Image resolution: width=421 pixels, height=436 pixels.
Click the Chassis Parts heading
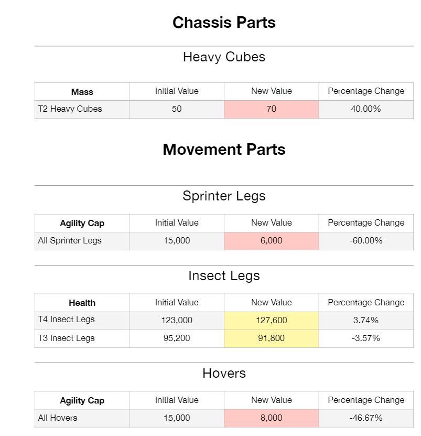[x=224, y=23]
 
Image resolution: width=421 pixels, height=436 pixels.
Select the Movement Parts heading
[x=224, y=150]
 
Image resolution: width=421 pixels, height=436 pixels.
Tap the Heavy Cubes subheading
[x=224, y=57]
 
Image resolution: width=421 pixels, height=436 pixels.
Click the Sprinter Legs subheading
[x=224, y=196]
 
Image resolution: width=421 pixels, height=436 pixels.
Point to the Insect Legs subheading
[x=224, y=276]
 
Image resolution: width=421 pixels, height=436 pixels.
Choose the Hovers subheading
[x=224, y=374]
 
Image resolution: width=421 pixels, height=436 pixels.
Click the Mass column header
[x=82, y=92]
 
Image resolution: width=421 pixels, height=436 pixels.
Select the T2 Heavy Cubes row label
[x=70, y=109]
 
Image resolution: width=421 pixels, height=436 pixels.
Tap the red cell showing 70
[x=271, y=109]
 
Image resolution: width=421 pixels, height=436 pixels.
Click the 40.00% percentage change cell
[x=365, y=109]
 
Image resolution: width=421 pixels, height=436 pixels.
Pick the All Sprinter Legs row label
[x=70, y=241]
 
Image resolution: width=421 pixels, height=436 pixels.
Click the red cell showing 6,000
[x=271, y=241]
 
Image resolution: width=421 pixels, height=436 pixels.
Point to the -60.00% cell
[x=365, y=241]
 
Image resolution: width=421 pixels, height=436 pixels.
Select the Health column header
[x=82, y=303]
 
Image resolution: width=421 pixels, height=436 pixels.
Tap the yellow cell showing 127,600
[x=271, y=321]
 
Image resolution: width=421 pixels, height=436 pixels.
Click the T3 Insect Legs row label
[x=66, y=338]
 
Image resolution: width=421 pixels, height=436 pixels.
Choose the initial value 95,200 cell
[x=177, y=338]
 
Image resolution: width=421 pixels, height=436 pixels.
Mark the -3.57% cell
[x=365, y=338]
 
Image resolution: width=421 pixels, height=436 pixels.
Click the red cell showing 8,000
[x=271, y=418]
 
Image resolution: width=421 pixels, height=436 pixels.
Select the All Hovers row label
[x=58, y=418]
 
